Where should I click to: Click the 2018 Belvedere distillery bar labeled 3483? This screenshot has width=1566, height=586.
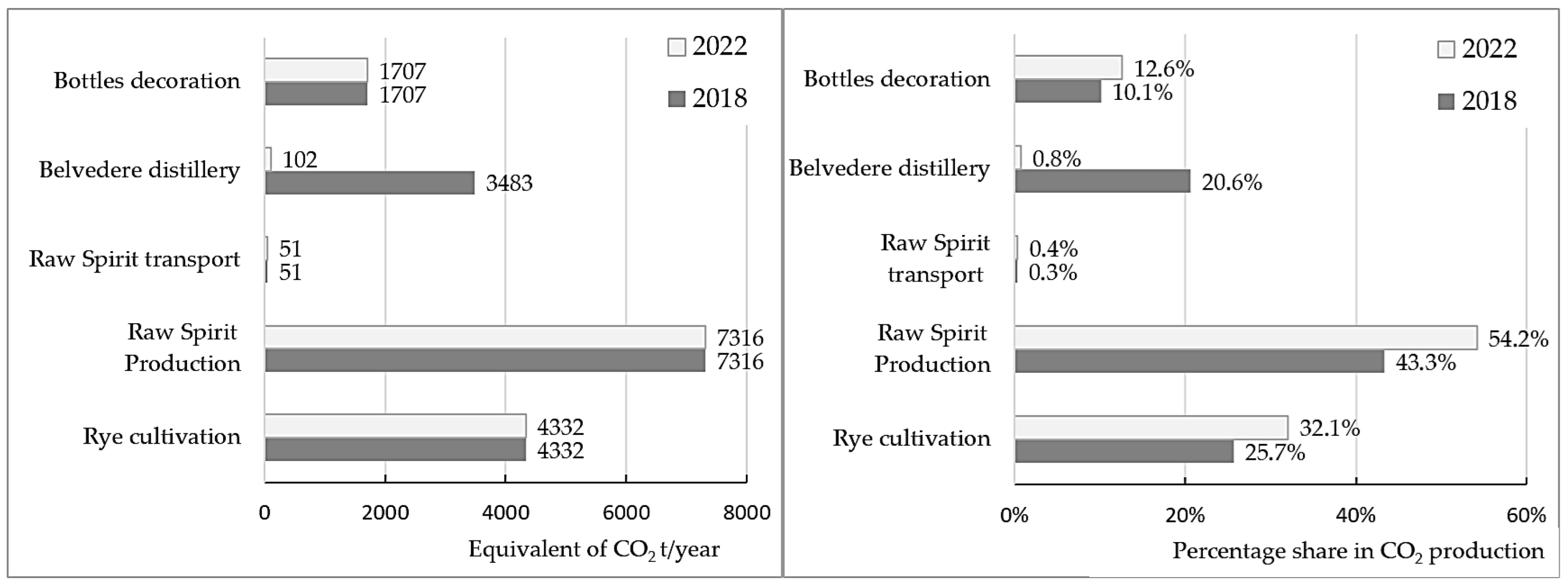coord(369,182)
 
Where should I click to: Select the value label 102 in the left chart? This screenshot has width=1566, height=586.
coord(300,159)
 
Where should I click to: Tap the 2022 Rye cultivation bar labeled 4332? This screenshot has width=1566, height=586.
coord(395,426)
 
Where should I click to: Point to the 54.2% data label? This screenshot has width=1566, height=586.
coord(1517,339)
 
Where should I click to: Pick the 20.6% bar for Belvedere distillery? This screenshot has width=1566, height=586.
coord(1102,181)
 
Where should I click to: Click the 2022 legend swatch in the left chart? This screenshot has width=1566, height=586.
coord(676,47)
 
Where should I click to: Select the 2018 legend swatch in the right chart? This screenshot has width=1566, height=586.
coord(1446,101)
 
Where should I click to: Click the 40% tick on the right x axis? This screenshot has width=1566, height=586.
coord(1355,515)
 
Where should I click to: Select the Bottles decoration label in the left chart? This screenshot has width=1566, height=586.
coord(147,80)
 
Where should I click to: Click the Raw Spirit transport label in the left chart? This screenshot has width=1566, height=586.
coord(135,259)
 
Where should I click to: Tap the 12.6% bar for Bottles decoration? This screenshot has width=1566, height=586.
coord(1068,67)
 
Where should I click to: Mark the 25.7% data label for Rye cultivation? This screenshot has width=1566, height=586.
coord(1274,452)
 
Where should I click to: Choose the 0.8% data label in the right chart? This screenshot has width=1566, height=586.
coord(1057,158)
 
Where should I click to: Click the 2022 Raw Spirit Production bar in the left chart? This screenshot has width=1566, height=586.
coord(485,337)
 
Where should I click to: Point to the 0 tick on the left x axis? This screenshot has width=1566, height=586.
coord(264,512)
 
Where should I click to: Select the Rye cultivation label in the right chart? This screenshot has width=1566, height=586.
coord(910,438)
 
